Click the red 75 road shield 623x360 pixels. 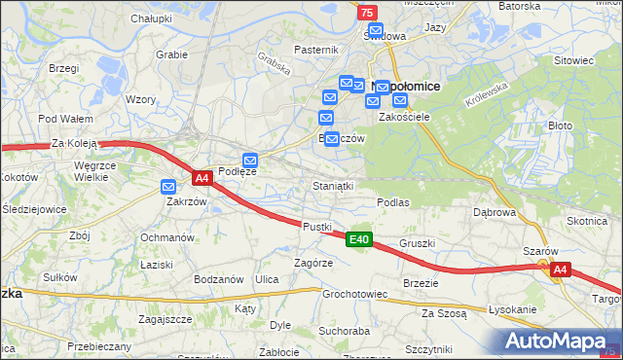366,12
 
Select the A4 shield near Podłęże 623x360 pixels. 202,178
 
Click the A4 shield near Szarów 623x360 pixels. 559,270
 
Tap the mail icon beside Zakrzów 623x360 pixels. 169,187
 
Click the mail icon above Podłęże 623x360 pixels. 250,160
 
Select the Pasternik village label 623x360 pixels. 316,50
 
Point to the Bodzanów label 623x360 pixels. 218,279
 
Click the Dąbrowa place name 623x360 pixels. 494,211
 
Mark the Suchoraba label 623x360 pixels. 344,330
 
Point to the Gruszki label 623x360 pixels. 417,243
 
